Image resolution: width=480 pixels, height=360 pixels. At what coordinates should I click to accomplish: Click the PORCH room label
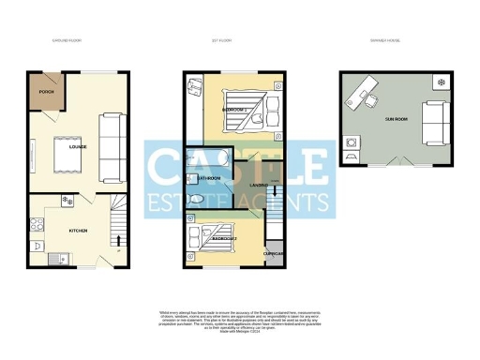(x=44, y=93)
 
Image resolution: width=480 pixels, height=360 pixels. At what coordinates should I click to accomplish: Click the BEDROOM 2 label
(x=223, y=239)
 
